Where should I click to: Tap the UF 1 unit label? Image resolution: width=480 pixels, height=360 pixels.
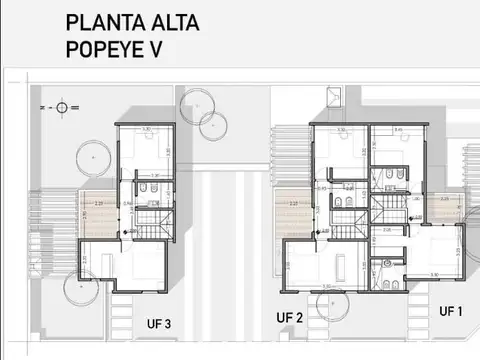[x=452, y=312]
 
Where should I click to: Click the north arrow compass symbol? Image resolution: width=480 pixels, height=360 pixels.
[x=63, y=106]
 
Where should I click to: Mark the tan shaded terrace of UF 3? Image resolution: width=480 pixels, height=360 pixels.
[x=97, y=212]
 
